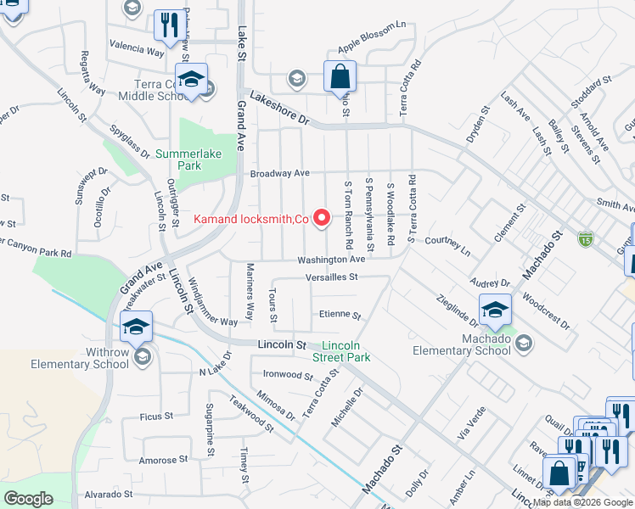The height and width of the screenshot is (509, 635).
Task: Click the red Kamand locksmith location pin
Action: (322, 219)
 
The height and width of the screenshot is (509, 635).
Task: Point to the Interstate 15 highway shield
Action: (584, 239)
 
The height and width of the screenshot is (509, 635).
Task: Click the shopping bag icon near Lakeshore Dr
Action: (340, 76)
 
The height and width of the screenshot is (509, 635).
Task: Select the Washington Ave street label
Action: (331, 260)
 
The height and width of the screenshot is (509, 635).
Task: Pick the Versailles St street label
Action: (333, 277)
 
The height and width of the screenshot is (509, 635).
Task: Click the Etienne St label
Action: (340, 315)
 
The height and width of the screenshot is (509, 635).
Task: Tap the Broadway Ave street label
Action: (279, 173)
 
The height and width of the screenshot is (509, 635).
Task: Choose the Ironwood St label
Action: (289, 374)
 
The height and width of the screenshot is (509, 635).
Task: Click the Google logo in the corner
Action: (28, 499)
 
